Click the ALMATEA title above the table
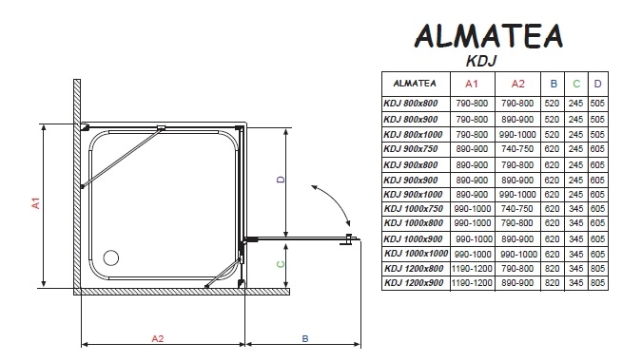489,36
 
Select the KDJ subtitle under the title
481,61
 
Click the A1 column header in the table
471,84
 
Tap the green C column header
576,84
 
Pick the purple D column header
597,84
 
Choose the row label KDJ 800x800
411,104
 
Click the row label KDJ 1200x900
414,282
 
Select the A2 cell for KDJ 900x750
517,149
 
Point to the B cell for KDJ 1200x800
552,268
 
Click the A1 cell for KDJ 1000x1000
473,254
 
